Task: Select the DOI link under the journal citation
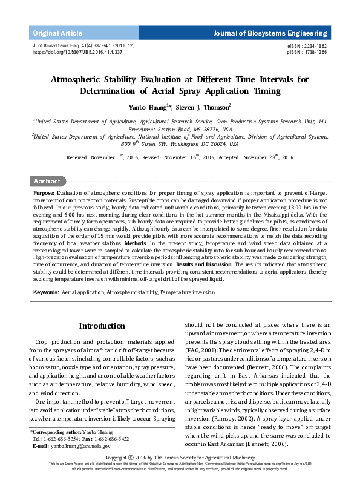(77, 53)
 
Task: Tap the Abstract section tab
(47, 181)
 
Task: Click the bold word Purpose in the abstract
(44, 192)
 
